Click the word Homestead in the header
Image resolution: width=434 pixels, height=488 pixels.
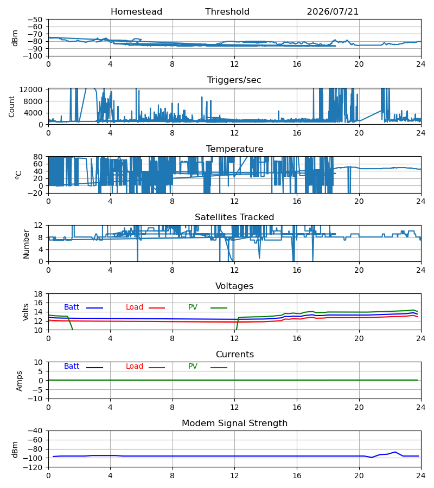pos(136,12)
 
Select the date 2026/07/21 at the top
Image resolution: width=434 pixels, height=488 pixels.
pos(333,12)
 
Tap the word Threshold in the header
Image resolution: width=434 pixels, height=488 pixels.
pos(227,12)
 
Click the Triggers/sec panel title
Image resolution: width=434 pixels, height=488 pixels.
pos(234,80)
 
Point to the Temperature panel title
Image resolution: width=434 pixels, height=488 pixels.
pos(234,149)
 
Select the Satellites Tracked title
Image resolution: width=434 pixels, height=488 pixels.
pos(234,217)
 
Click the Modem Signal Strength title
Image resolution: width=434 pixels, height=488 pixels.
pos(234,423)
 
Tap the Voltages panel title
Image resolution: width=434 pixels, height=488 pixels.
pos(234,286)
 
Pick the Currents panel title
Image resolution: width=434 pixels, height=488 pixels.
pos(235,355)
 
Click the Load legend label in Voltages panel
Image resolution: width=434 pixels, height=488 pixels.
pos(135,307)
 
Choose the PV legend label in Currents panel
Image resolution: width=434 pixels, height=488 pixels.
pos(193,367)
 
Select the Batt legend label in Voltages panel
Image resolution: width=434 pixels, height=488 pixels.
pos(72,307)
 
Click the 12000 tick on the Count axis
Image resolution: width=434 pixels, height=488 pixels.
pos(31,89)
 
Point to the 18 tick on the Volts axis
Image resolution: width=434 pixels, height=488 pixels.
pos(38,294)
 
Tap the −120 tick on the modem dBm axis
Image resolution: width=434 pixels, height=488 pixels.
pos(35,467)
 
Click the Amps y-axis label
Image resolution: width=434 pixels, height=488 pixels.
pos(20,381)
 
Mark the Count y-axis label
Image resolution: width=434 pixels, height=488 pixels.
pos(12,106)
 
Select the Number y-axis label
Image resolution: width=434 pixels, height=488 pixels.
pos(26,244)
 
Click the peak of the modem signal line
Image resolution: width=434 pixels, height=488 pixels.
pos(395,452)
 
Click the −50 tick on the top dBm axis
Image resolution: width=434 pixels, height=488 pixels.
pos(35,20)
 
